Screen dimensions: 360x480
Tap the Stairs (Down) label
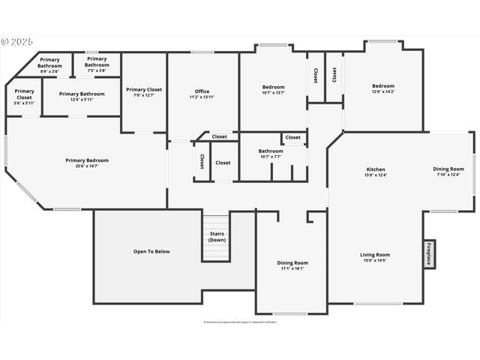tap(217, 237)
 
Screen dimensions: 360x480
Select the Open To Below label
tap(151, 251)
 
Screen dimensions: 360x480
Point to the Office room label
tap(202, 91)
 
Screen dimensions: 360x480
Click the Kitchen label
tap(376, 169)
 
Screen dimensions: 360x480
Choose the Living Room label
tap(376, 255)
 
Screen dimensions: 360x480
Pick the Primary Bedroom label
tap(87, 160)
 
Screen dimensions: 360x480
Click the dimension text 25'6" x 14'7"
tap(87, 166)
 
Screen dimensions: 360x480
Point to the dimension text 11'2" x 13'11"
tap(202, 97)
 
